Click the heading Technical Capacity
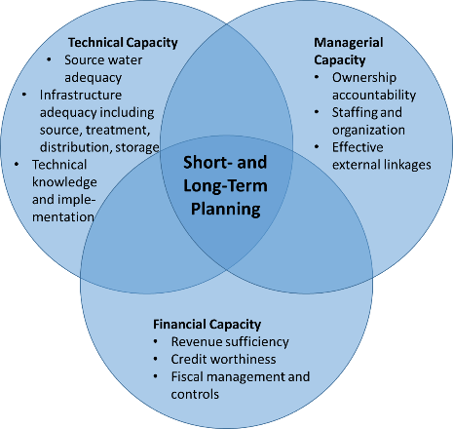point(123,43)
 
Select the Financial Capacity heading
point(207,325)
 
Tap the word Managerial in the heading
point(349,43)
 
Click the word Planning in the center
point(226,210)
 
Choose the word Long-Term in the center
point(225,186)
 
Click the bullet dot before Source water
point(49,59)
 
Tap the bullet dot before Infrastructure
point(24,95)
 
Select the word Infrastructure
point(81,95)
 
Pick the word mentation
point(63,217)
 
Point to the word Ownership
point(364,78)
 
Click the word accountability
point(374,96)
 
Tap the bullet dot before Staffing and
point(317,112)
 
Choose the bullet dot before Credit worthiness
point(156,359)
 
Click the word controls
point(195,395)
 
